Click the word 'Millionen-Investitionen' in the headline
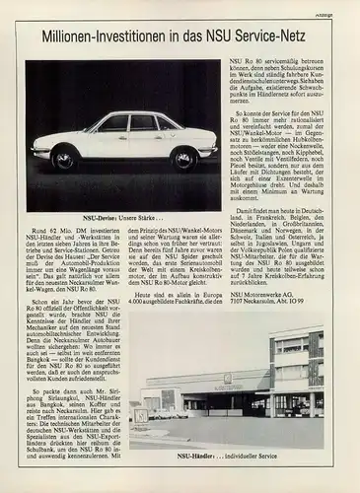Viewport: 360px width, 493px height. (x=106, y=37)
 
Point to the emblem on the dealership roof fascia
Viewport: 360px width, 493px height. (x=227, y=377)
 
